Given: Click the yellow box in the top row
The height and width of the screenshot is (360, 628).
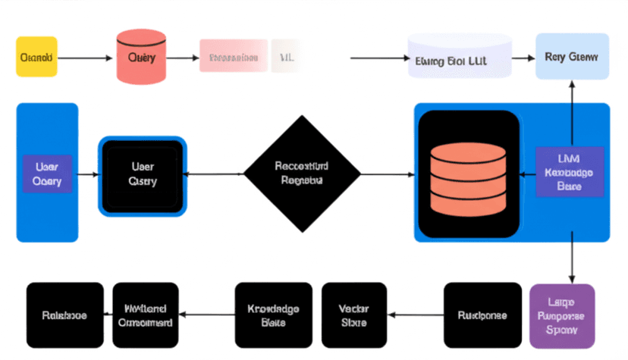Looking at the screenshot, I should pyautogui.click(x=36, y=56).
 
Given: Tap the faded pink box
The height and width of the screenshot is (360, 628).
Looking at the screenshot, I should pyautogui.click(x=234, y=56).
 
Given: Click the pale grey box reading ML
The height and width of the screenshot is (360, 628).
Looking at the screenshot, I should pyautogui.click(x=286, y=56).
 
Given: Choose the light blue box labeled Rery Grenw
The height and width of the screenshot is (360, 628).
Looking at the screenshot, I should pyautogui.click(x=572, y=57).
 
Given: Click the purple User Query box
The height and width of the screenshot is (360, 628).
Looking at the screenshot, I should pyautogui.click(x=47, y=173).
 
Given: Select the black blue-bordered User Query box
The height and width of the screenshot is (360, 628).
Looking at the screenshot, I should pyautogui.click(x=142, y=174).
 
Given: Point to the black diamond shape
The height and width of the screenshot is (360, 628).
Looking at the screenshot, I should pyautogui.click(x=302, y=174).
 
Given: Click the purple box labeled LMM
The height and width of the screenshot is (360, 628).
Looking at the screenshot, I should pyautogui.click(x=569, y=172).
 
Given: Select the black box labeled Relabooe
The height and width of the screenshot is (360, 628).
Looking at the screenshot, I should pyautogui.click(x=64, y=315).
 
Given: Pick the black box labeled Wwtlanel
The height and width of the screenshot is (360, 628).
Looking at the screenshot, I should pyautogui.click(x=146, y=315).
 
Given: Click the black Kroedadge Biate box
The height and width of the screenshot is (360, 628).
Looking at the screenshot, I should pyautogui.click(x=273, y=315).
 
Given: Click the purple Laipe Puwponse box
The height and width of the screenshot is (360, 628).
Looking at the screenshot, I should pyautogui.click(x=562, y=316).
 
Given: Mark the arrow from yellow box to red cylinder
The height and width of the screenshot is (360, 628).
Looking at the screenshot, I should pyautogui.click(x=85, y=57).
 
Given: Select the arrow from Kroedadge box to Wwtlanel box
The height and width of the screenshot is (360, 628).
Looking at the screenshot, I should pyautogui.click(x=207, y=315).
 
